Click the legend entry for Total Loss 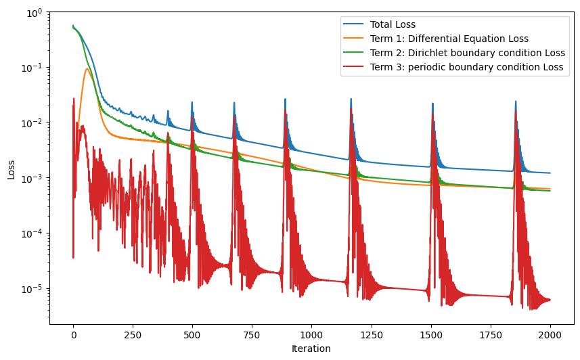click(393, 25)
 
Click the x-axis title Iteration click(311, 349)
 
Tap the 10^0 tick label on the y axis click(34, 12)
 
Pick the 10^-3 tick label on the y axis click(32, 178)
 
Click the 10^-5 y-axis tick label click(32, 289)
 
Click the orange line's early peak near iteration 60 click(87, 68)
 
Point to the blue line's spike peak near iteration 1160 click(351, 99)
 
